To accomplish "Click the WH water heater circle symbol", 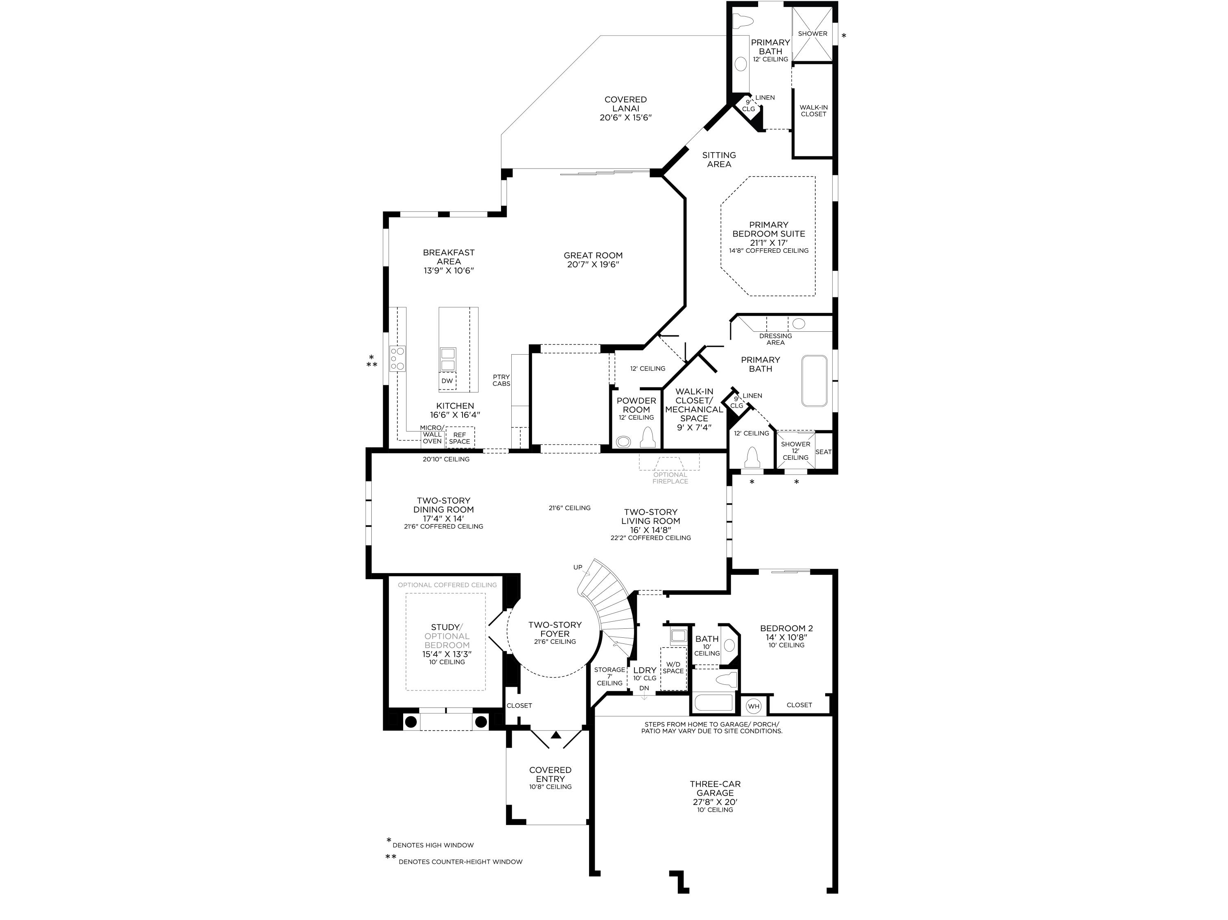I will [x=753, y=706].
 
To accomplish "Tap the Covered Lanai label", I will [x=625, y=109].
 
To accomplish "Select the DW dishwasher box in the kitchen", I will [x=447, y=381].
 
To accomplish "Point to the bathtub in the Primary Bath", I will [x=814, y=381].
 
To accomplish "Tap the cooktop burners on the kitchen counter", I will [x=397, y=358].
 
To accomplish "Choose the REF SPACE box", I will [x=460, y=438].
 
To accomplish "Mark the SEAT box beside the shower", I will [x=823, y=452].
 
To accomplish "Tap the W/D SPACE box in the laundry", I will [x=673, y=668].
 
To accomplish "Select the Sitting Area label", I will [x=719, y=159].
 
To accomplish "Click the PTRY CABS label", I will [x=501, y=380].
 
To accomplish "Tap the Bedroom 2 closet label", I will [x=799, y=705].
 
